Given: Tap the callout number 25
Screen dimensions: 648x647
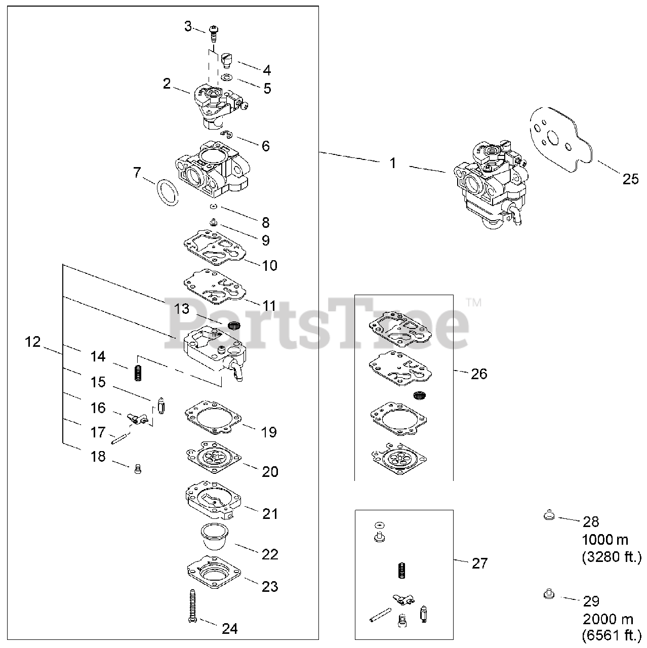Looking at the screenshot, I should [x=630, y=179].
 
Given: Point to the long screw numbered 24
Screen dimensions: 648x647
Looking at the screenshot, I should [x=192, y=606].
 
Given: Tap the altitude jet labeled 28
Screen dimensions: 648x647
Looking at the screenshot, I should [x=547, y=516].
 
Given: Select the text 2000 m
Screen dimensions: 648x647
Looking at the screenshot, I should [x=608, y=619].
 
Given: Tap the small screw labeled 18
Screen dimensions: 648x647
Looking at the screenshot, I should [x=137, y=469].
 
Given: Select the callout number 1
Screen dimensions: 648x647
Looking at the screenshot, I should [x=393, y=163].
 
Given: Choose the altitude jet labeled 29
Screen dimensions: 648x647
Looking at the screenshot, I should [x=547, y=593].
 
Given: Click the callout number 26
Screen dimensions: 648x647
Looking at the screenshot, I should [x=479, y=374].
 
